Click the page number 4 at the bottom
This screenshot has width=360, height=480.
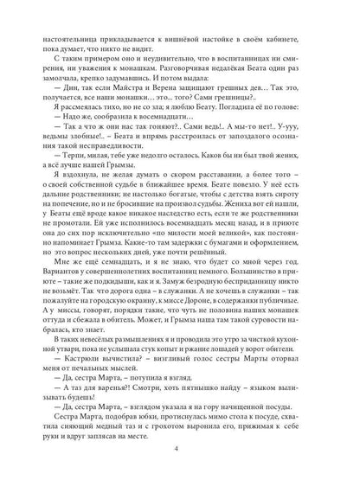180,449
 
